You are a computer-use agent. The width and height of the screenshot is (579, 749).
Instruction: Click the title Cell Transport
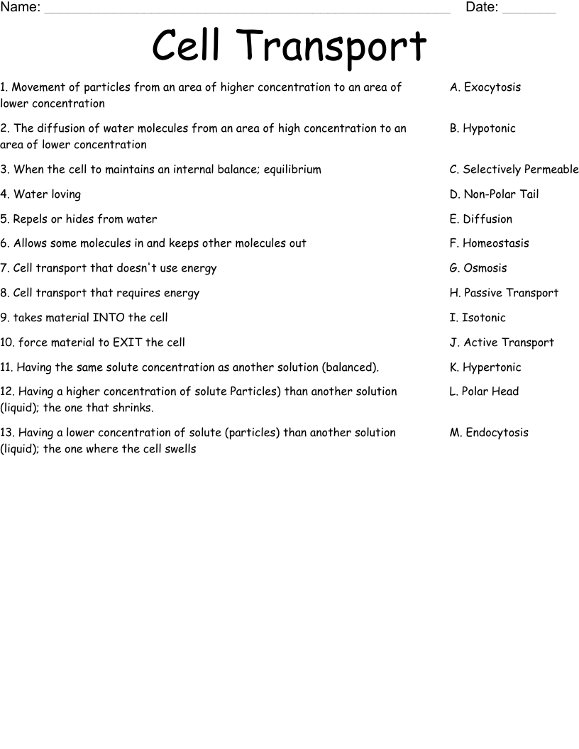point(289,47)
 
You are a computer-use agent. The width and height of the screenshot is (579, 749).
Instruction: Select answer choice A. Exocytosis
point(485,87)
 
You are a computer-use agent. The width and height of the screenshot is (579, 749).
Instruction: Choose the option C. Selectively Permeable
point(514,170)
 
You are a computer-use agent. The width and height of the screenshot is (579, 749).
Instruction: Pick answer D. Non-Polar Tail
point(494,194)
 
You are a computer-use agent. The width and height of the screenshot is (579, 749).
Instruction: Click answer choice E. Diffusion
point(480,219)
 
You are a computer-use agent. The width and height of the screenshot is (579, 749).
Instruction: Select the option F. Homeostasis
point(489,243)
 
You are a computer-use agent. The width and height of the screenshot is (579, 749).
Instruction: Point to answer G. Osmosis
point(478,268)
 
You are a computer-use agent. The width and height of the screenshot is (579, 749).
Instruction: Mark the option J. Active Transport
point(502,343)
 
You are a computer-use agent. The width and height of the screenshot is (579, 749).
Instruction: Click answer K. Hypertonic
point(485,367)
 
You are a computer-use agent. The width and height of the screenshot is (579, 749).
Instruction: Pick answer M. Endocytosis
point(489,433)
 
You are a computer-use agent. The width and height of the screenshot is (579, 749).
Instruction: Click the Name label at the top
point(21,8)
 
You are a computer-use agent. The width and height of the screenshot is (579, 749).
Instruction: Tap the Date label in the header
point(482,8)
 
